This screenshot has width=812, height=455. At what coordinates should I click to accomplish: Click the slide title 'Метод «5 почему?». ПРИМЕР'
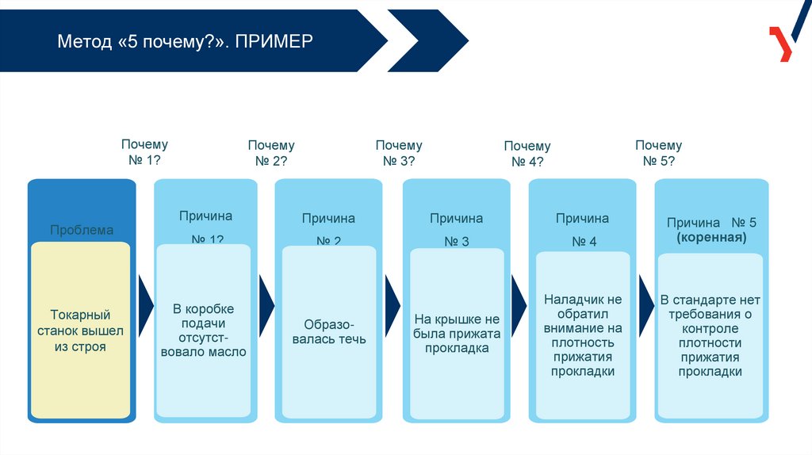pos(185,40)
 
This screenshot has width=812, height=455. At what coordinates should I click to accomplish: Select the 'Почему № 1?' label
pos(144,152)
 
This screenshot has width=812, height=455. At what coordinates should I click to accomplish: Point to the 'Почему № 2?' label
pos(271,153)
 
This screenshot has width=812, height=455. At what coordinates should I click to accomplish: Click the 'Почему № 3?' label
pos(399,153)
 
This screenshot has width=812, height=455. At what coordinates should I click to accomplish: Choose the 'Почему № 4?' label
pos(527,154)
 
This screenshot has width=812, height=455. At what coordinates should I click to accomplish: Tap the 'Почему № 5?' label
pos(658,153)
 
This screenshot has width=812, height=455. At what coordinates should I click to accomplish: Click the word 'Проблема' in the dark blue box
pos(82,230)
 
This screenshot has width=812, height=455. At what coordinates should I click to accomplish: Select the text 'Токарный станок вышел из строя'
pos(80,331)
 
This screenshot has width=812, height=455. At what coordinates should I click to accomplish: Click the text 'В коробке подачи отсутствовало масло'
pos(204,331)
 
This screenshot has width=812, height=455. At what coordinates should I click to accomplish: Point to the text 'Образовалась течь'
pos(329,331)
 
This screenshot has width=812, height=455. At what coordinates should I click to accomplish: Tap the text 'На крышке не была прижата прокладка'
pos(457,334)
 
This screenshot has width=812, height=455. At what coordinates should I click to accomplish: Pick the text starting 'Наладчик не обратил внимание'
pos(583,335)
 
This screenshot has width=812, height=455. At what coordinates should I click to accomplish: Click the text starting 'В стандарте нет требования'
pos(710,335)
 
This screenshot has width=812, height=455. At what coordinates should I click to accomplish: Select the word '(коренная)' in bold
pos(710,237)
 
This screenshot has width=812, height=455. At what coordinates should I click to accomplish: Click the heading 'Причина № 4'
pos(583,229)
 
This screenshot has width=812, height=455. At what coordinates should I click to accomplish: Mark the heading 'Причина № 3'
pos(457,229)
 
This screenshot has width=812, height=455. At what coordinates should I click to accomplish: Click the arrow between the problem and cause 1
pos(145,306)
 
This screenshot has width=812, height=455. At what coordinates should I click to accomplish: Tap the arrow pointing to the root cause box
pos(646,306)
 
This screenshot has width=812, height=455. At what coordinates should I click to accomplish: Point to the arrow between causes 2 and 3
pos(393,306)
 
